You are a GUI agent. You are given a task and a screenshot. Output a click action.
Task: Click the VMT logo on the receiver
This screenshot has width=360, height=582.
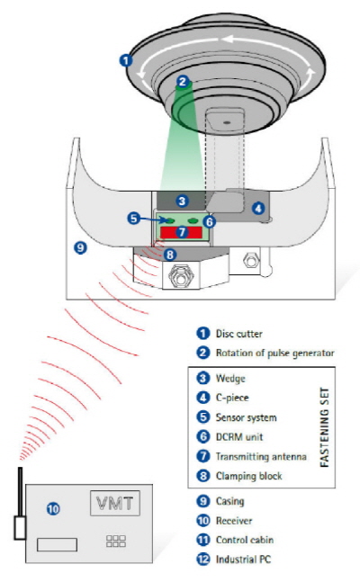point(115,503)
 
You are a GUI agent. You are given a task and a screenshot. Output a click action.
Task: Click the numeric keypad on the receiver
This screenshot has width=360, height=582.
point(116,542)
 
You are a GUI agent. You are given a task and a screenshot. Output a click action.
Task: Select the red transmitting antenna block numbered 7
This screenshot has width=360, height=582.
point(181,232)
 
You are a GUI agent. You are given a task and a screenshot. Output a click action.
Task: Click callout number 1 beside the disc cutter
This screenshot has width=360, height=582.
point(126,59)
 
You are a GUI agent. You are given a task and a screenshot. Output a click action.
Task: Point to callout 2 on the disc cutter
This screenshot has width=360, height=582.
point(183,81)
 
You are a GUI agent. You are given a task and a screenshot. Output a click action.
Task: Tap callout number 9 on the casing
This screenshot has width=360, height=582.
point(80,247)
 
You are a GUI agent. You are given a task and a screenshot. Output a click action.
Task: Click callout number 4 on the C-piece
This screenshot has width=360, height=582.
point(258,208)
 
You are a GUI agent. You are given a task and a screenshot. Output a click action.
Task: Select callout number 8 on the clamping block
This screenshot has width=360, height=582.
point(170,255)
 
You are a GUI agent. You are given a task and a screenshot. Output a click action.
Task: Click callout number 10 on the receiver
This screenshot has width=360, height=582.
point(53,508)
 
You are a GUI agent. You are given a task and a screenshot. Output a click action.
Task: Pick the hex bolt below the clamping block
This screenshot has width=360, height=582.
point(181,276)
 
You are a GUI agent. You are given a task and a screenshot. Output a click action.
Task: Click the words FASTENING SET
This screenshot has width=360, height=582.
point(324,427)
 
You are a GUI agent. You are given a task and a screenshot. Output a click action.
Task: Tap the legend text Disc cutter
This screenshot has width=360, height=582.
point(238,334)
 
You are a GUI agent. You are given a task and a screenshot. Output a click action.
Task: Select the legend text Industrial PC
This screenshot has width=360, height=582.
point(243,559)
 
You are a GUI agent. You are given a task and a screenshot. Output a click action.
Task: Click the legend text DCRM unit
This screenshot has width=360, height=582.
point(239,436)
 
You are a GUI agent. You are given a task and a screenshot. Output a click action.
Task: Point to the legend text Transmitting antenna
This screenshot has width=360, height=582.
point(261,456)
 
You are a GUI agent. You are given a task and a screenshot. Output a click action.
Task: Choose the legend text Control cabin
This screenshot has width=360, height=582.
point(245,540)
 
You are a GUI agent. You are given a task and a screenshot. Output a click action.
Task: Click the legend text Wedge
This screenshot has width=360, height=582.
point(230,379)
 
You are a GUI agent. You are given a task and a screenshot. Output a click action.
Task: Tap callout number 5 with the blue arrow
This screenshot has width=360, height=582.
point(134,218)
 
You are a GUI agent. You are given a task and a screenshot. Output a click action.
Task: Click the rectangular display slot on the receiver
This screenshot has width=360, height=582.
point(57,544)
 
